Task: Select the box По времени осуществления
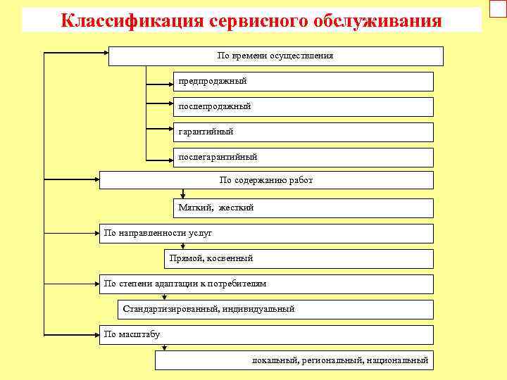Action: [275, 56]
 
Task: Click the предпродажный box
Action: [303, 82]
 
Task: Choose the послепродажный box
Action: [303, 107]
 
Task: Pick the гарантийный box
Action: [303, 132]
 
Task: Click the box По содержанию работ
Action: [266, 180]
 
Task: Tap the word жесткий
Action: [236, 208]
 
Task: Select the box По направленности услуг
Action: [266, 233]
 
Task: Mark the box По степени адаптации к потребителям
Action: [266, 284]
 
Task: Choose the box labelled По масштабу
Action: [266, 334]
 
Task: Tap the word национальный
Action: [397, 360]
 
